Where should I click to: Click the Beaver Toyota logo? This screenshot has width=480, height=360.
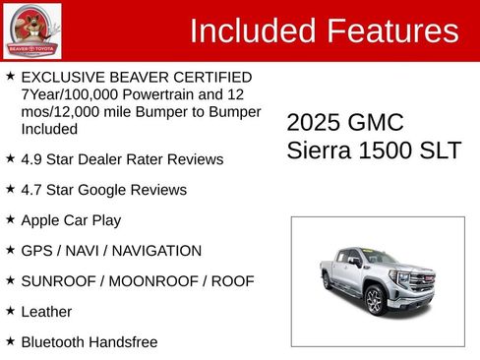31,30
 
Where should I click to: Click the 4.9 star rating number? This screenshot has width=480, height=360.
32,158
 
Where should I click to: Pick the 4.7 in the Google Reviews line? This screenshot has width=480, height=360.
32,189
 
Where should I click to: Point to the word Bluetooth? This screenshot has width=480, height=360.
55,341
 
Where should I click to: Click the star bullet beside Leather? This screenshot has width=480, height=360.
10,310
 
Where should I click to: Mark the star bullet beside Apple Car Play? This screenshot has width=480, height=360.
10,218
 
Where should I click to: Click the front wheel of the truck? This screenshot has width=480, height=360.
375,302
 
